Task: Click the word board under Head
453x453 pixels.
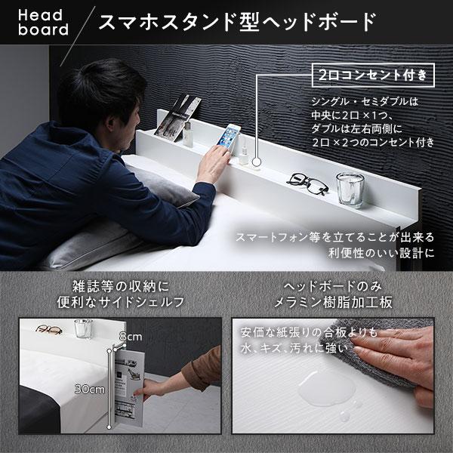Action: pos(38,31)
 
